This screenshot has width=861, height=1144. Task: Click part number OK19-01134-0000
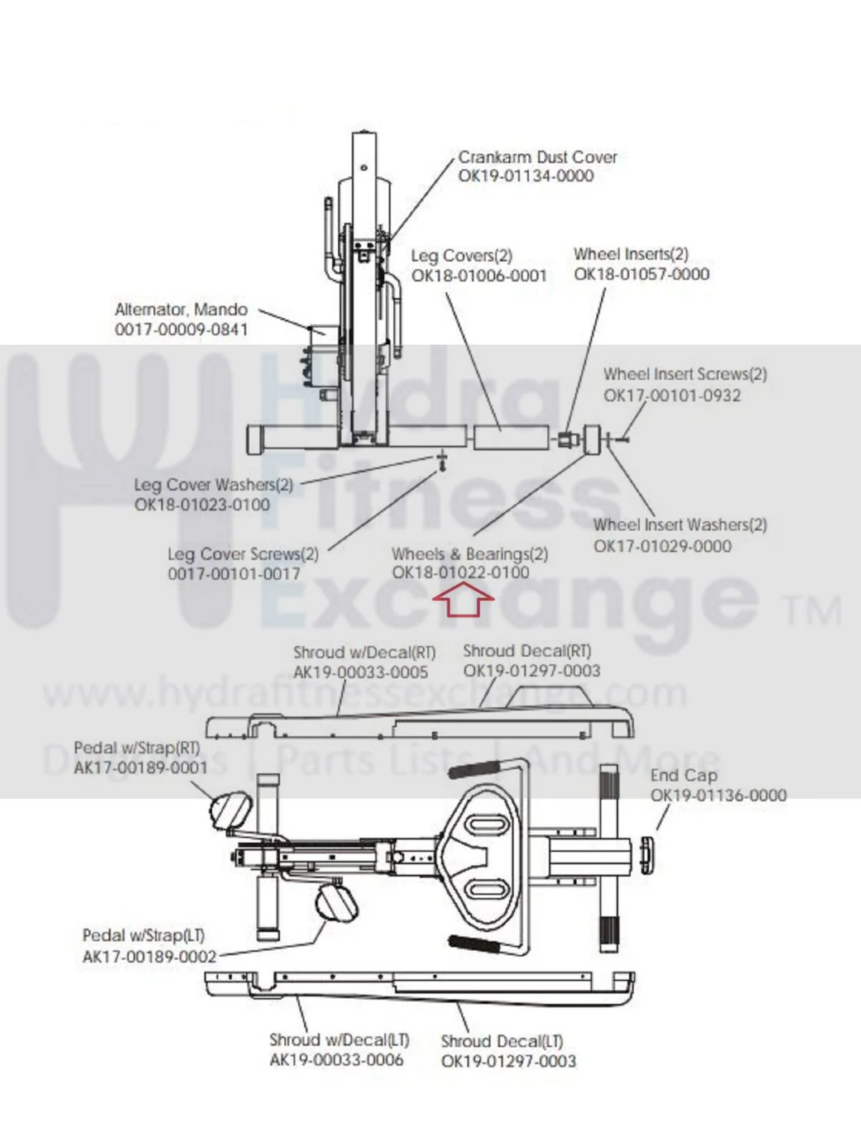pyautogui.click(x=526, y=175)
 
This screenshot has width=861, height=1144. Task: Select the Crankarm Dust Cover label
pyautogui.click(x=537, y=157)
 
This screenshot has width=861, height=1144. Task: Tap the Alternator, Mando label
pyautogui.click(x=181, y=310)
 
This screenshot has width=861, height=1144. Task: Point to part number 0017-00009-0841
pyautogui.click(x=181, y=329)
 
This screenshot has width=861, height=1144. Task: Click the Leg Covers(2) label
pyautogui.click(x=462, y=256)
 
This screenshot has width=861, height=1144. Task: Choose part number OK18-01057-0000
pyautogui.click(x=641, y=274)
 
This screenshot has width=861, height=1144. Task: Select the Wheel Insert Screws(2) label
pyautogui.click(x=685, y=374)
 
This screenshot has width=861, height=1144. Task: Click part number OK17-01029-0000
pyautogui.click(x=663, y=546)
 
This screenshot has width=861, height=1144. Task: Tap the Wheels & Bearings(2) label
pyautogui.click(x=470, y=554)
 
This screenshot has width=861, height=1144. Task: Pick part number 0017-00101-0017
pyautogui.click(x=234, y=574)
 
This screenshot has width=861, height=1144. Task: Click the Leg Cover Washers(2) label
pyautogui.click(x=214, y=484)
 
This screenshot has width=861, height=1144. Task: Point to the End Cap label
pyautogui.click(x=684, y=776)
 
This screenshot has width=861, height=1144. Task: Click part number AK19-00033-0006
pyautogui.click(x=336, y=1060)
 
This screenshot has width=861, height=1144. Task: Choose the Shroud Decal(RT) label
pyautogui.click(x=527, y=651)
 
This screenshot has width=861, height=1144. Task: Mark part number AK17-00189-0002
pyautogui.click(x=149, y=957)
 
